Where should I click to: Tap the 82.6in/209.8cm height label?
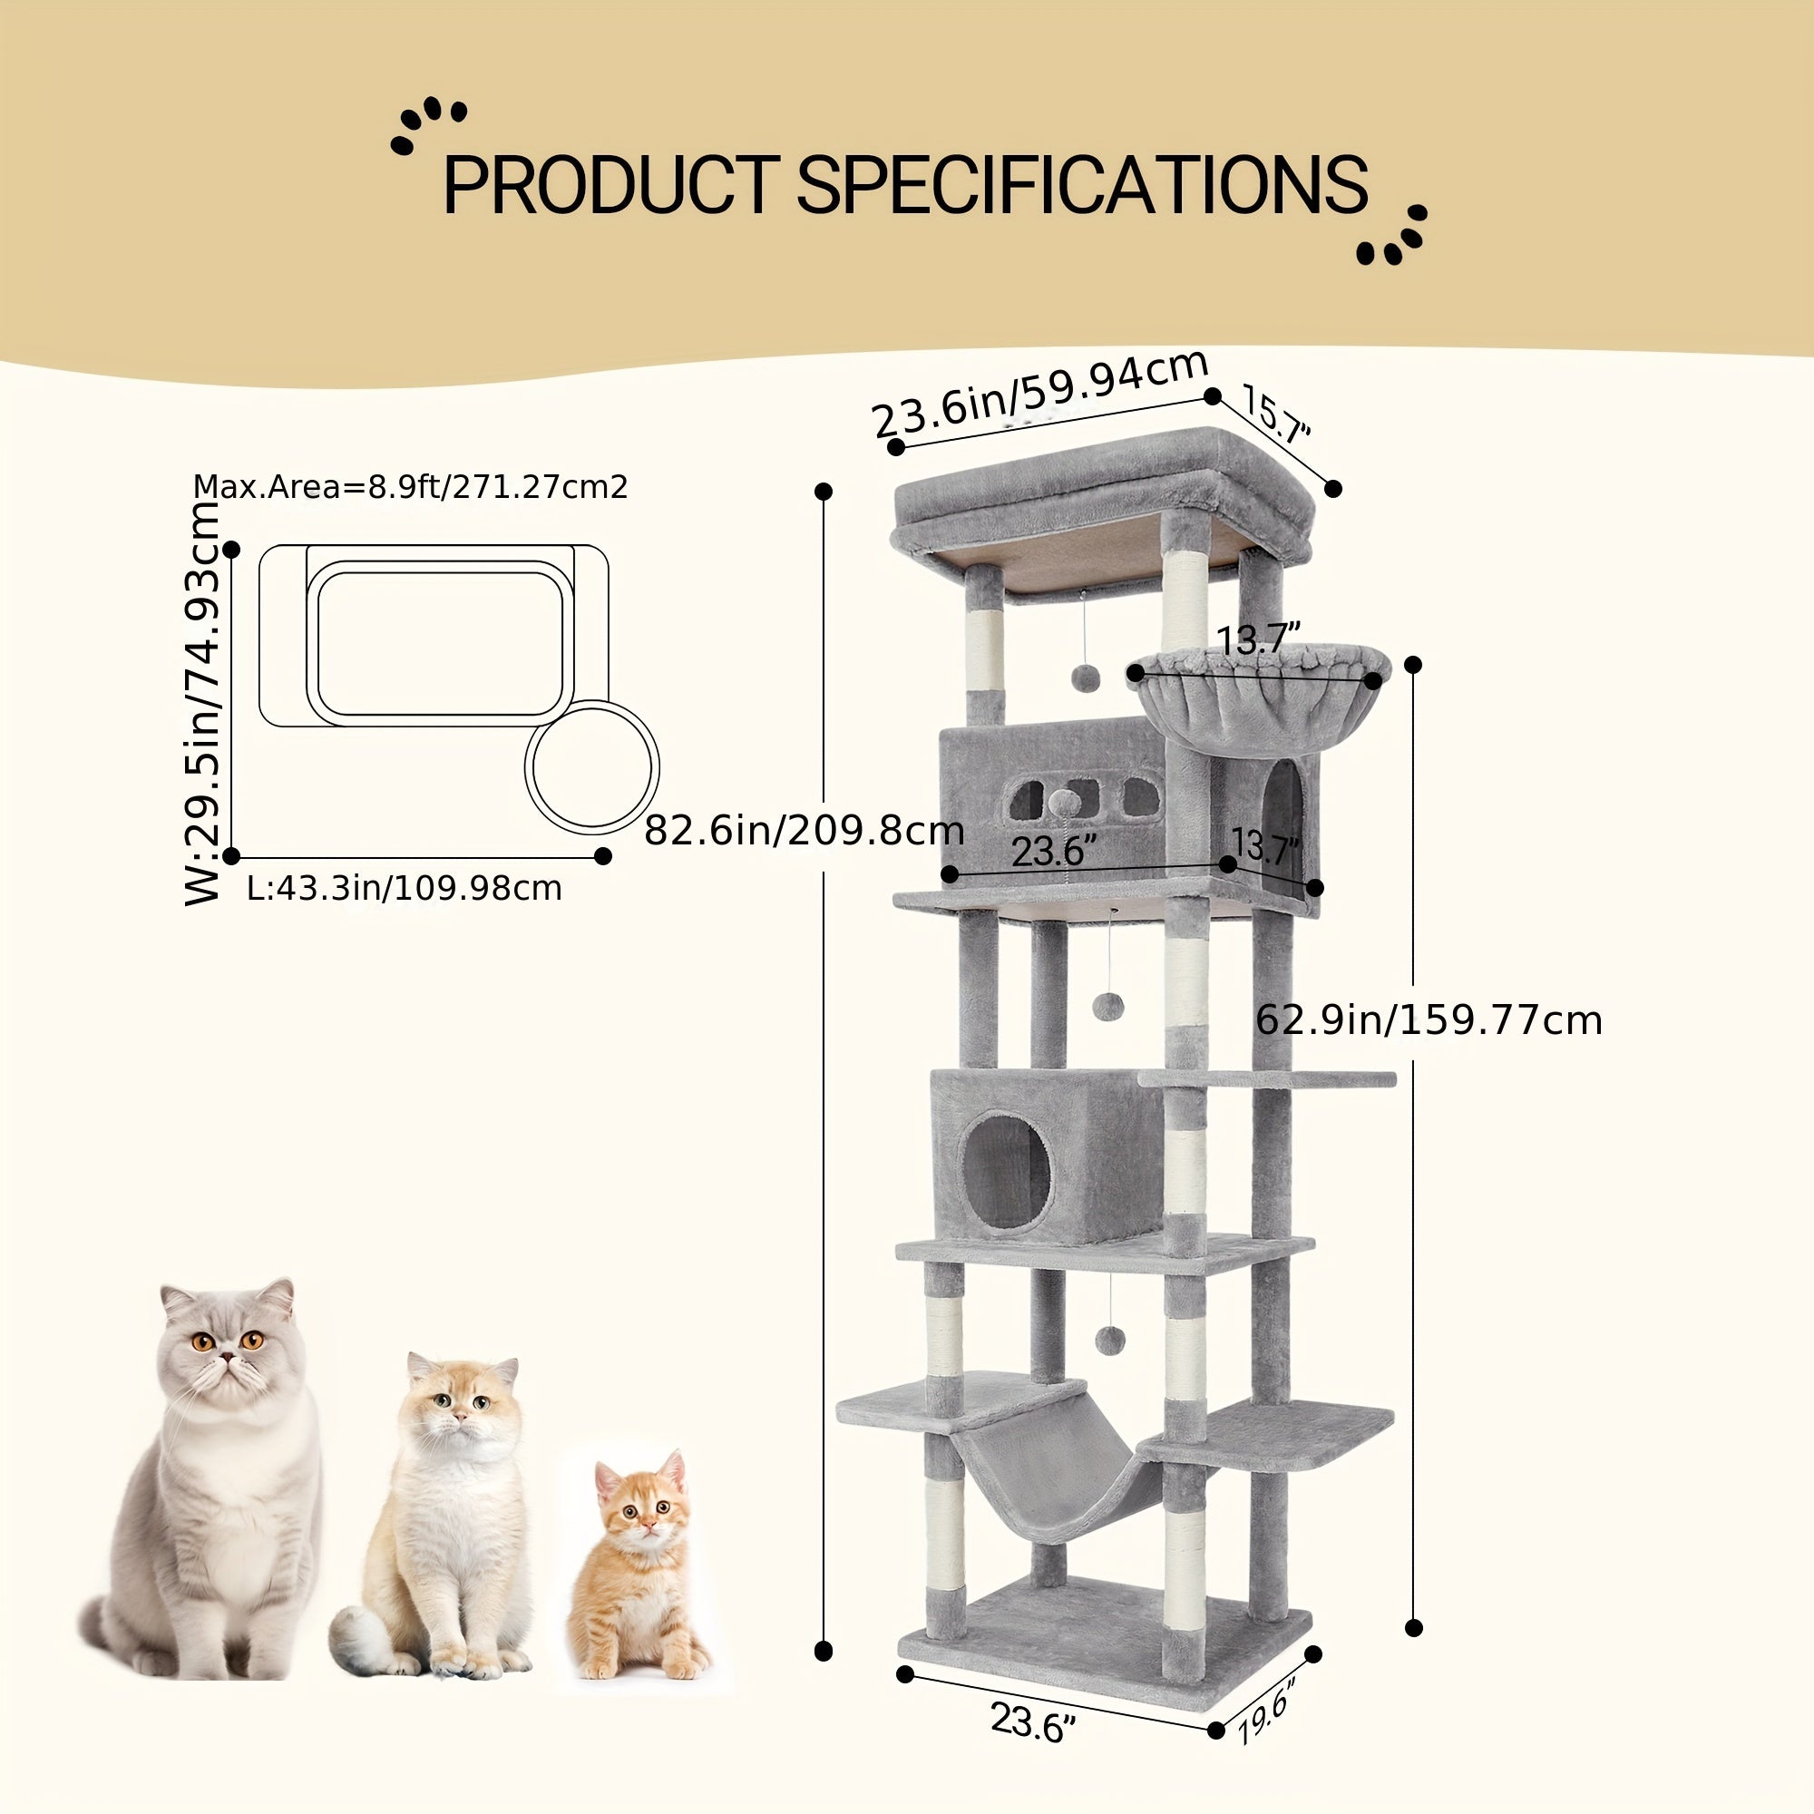click(805, 830)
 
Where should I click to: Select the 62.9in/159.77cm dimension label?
click(1429, 1019)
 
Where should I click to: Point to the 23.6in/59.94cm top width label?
click(1040, 393)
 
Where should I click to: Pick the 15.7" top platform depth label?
click(1276, 415)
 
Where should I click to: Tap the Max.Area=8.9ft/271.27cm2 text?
click(410, 487)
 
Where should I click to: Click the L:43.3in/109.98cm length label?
click(404, 888)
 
